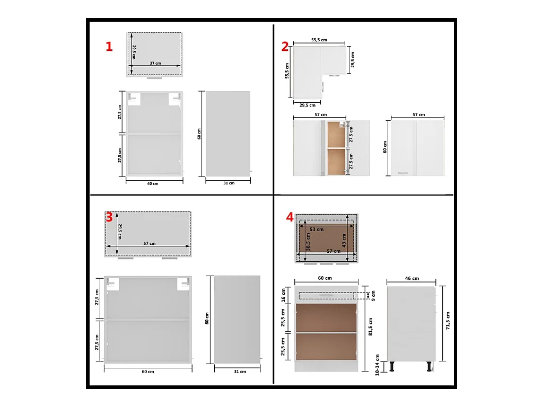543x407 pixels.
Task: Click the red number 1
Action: [109, 47]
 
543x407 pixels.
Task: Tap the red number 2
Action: [285, 47]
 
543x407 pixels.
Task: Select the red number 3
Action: [109, 217]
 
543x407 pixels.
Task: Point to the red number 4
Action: [290, 217]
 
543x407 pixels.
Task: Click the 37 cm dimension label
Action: [155, 63]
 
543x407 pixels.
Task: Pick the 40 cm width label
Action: [153, 183]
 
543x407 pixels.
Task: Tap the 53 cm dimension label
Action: [317, 229]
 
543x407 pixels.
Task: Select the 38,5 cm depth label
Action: [308, 242]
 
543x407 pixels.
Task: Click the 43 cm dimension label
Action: [344, 240]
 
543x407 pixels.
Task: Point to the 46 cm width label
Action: [411, 278]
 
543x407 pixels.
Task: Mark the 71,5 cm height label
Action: [448, 321]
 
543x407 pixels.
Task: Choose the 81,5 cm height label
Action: [371, 326]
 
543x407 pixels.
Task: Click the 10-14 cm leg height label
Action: [377, 365]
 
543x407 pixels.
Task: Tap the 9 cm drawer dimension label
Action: [373, 296]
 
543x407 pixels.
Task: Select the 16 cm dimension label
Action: [283, 295]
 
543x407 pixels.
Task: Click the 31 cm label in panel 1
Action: [229, 183]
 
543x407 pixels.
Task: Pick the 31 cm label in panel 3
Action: [240, 371]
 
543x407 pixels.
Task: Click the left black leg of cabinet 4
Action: [392, 367]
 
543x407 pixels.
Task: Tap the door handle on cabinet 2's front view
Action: [403, 172]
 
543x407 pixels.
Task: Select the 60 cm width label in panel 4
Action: [325, 278]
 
